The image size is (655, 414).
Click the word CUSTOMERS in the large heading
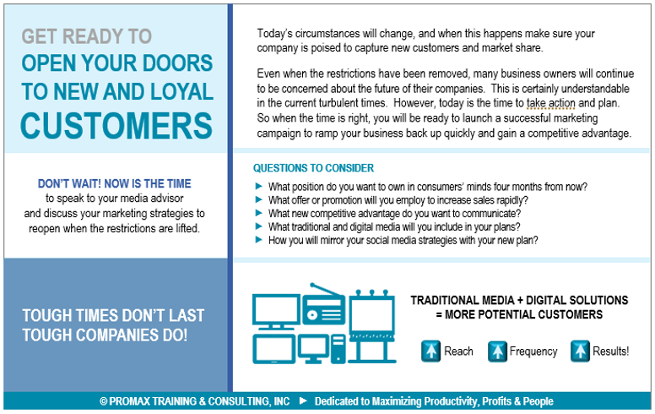pyautogui.click(x=116, y=125)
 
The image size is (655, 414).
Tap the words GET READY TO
pyautogui.click(x=87, y=36)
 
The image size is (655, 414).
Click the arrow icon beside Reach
pyautogui.click(x=431, y=351)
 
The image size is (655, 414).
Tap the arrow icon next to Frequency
pyautogui.click(x=497, y=351)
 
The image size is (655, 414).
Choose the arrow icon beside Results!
pyautogui.click(x=580, y=351)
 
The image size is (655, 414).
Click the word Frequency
pyautogui.click(x=533, y=351)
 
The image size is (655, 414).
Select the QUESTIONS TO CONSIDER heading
pyautogui.click(x=314, y=168)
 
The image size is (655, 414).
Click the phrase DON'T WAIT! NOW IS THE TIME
pyautogui.click(x=115, y=183)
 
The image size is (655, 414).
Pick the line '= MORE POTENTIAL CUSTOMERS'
pyautogui.click(x=518, y=315)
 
